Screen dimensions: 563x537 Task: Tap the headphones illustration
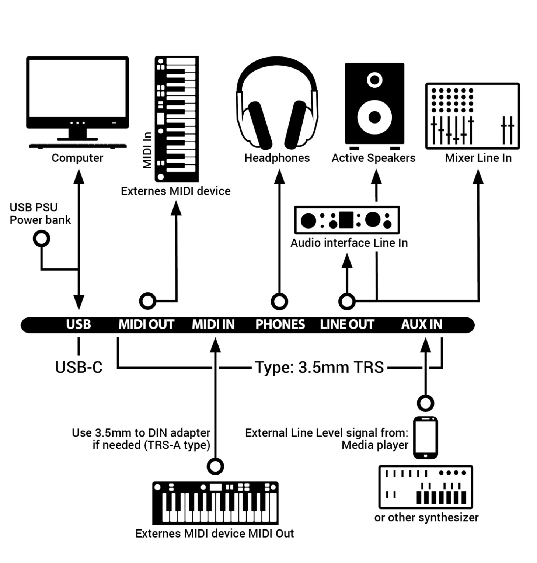click(x=277, y=103)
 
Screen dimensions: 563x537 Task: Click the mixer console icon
click(x=472, y=116)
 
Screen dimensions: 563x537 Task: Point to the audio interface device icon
click(x=347, y=220)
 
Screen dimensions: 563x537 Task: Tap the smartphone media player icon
click(x=425, y=438)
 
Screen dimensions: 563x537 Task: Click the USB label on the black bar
click(x=79, y=324)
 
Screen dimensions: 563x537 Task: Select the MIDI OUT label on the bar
click(x=146, y=324)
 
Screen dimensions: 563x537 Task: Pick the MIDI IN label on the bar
click(x=213, y=324)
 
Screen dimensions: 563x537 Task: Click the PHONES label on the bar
click(x=280, y=324)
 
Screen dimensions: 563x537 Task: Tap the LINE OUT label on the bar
click(x=347, y=324)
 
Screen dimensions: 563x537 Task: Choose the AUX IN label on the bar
click(x=421, y=324)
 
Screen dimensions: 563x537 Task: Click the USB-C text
click(x=79, y=367)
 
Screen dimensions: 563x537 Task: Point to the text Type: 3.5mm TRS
click(x=319, y=367)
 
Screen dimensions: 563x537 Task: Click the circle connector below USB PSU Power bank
click(x=41, y=239)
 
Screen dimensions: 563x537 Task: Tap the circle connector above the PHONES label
click(x=279, y=301)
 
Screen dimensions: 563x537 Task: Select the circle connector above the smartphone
click(x=425, y=403)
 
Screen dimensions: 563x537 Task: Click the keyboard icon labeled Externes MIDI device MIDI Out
click(x=215, y=503)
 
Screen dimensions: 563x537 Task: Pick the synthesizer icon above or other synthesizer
click(x=426, y=487)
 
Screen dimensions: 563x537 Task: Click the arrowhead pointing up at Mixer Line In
click(x=478, y=177)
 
